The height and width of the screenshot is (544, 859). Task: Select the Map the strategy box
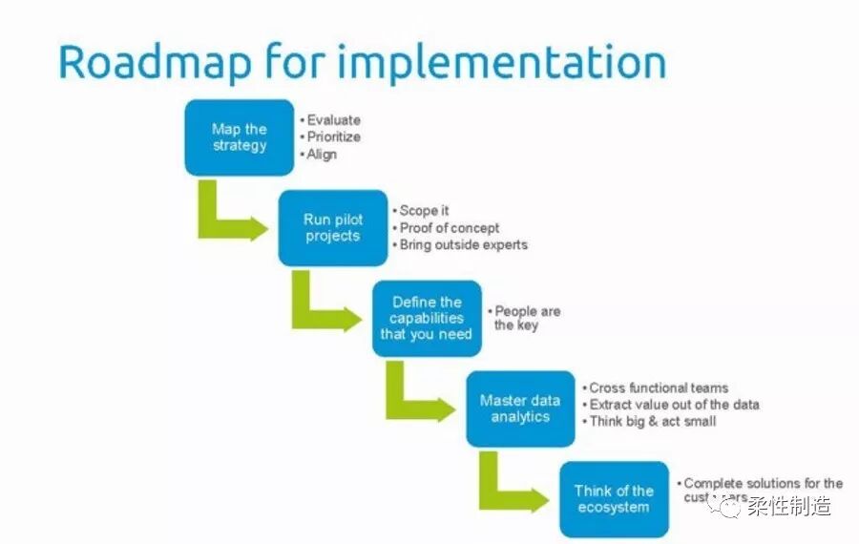click(240, 137)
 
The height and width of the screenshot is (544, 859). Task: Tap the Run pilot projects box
click(333, 227)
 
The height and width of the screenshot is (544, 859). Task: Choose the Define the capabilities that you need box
click(426, 318)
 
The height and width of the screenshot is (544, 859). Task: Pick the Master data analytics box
click(520, 408)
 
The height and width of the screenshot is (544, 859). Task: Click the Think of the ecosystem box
click(614, 498)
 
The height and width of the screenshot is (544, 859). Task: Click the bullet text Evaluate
click(333, 120)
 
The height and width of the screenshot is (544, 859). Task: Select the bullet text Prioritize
click(333, 136)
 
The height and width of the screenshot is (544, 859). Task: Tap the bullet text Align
click(322, 154)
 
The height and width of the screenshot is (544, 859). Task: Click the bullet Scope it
click(424, 211)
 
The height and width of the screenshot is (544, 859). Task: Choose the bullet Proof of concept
click(449, 228)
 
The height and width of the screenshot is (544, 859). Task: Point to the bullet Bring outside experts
click(463, 244)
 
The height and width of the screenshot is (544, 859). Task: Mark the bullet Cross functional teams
click(658, 387)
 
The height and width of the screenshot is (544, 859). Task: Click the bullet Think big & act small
click(652, 421)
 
